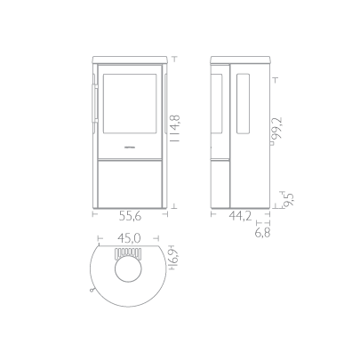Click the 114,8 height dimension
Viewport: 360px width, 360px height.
176,128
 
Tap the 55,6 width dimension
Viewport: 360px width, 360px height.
131,216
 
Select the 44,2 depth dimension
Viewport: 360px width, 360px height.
240,216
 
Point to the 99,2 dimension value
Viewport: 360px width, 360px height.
277,128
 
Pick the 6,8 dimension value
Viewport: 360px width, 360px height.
263,233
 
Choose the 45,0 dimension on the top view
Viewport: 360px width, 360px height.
129,237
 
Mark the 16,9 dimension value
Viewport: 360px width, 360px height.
175,257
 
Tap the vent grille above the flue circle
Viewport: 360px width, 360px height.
128,252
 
